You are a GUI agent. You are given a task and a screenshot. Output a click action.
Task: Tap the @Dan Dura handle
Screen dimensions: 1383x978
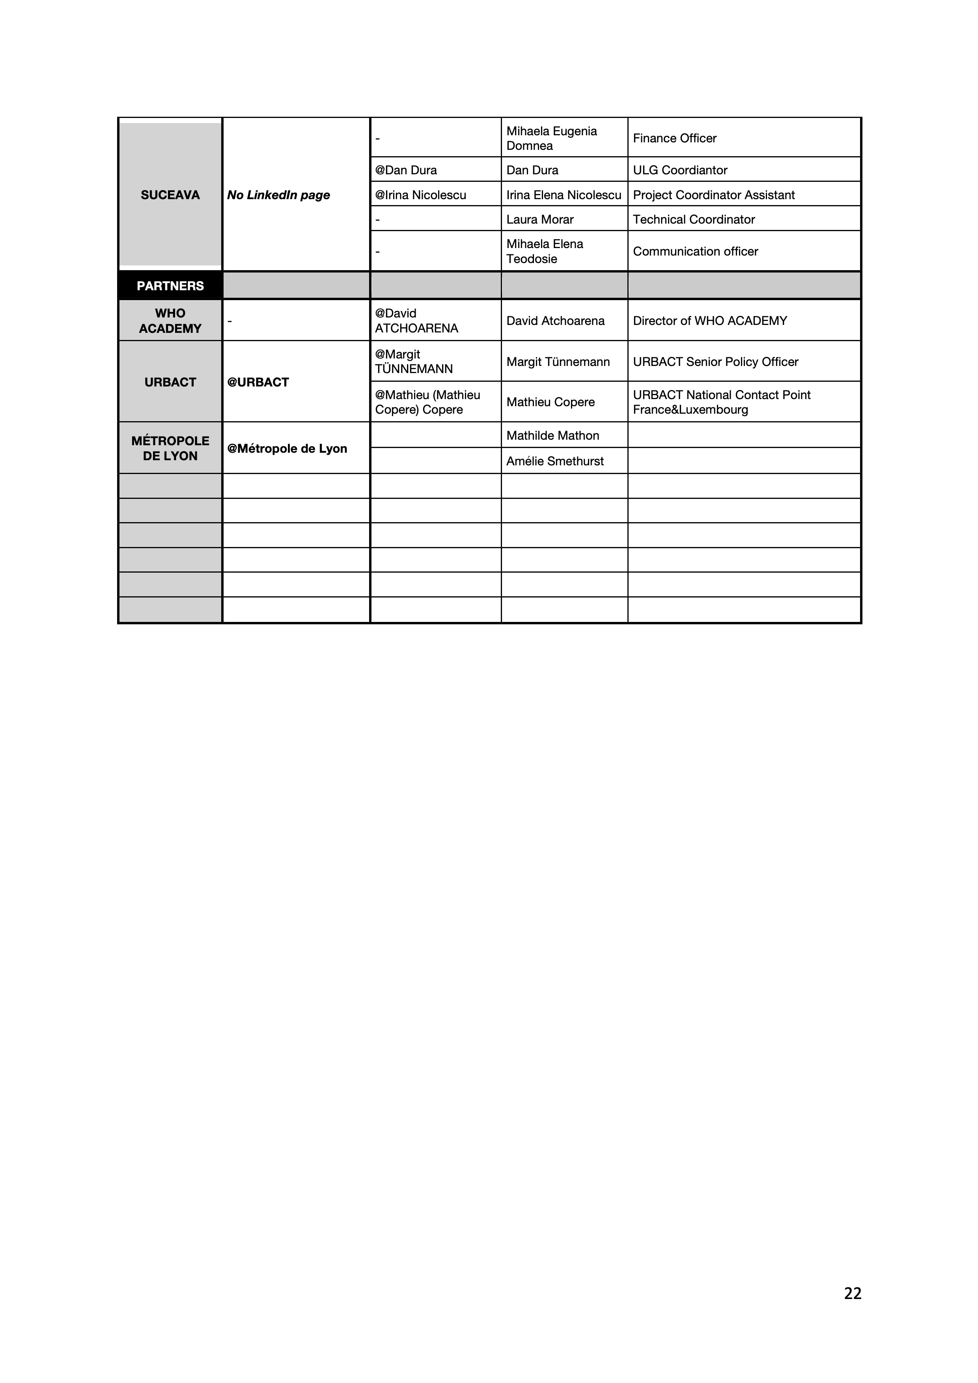click(x=406, y=170)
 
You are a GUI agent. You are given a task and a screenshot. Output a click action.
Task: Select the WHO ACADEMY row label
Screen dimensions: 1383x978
click(x=170, y=321)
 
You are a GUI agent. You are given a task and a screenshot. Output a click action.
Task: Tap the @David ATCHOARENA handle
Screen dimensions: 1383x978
click(x=416, y=321)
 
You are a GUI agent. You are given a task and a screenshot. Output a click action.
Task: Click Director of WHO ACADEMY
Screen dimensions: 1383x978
click(x=709, y=321)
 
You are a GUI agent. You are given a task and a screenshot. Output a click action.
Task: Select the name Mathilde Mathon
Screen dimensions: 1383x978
click(x=552, y=435)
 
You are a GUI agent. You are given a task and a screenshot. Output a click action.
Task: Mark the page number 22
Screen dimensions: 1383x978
click(x=852, y=1293)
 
